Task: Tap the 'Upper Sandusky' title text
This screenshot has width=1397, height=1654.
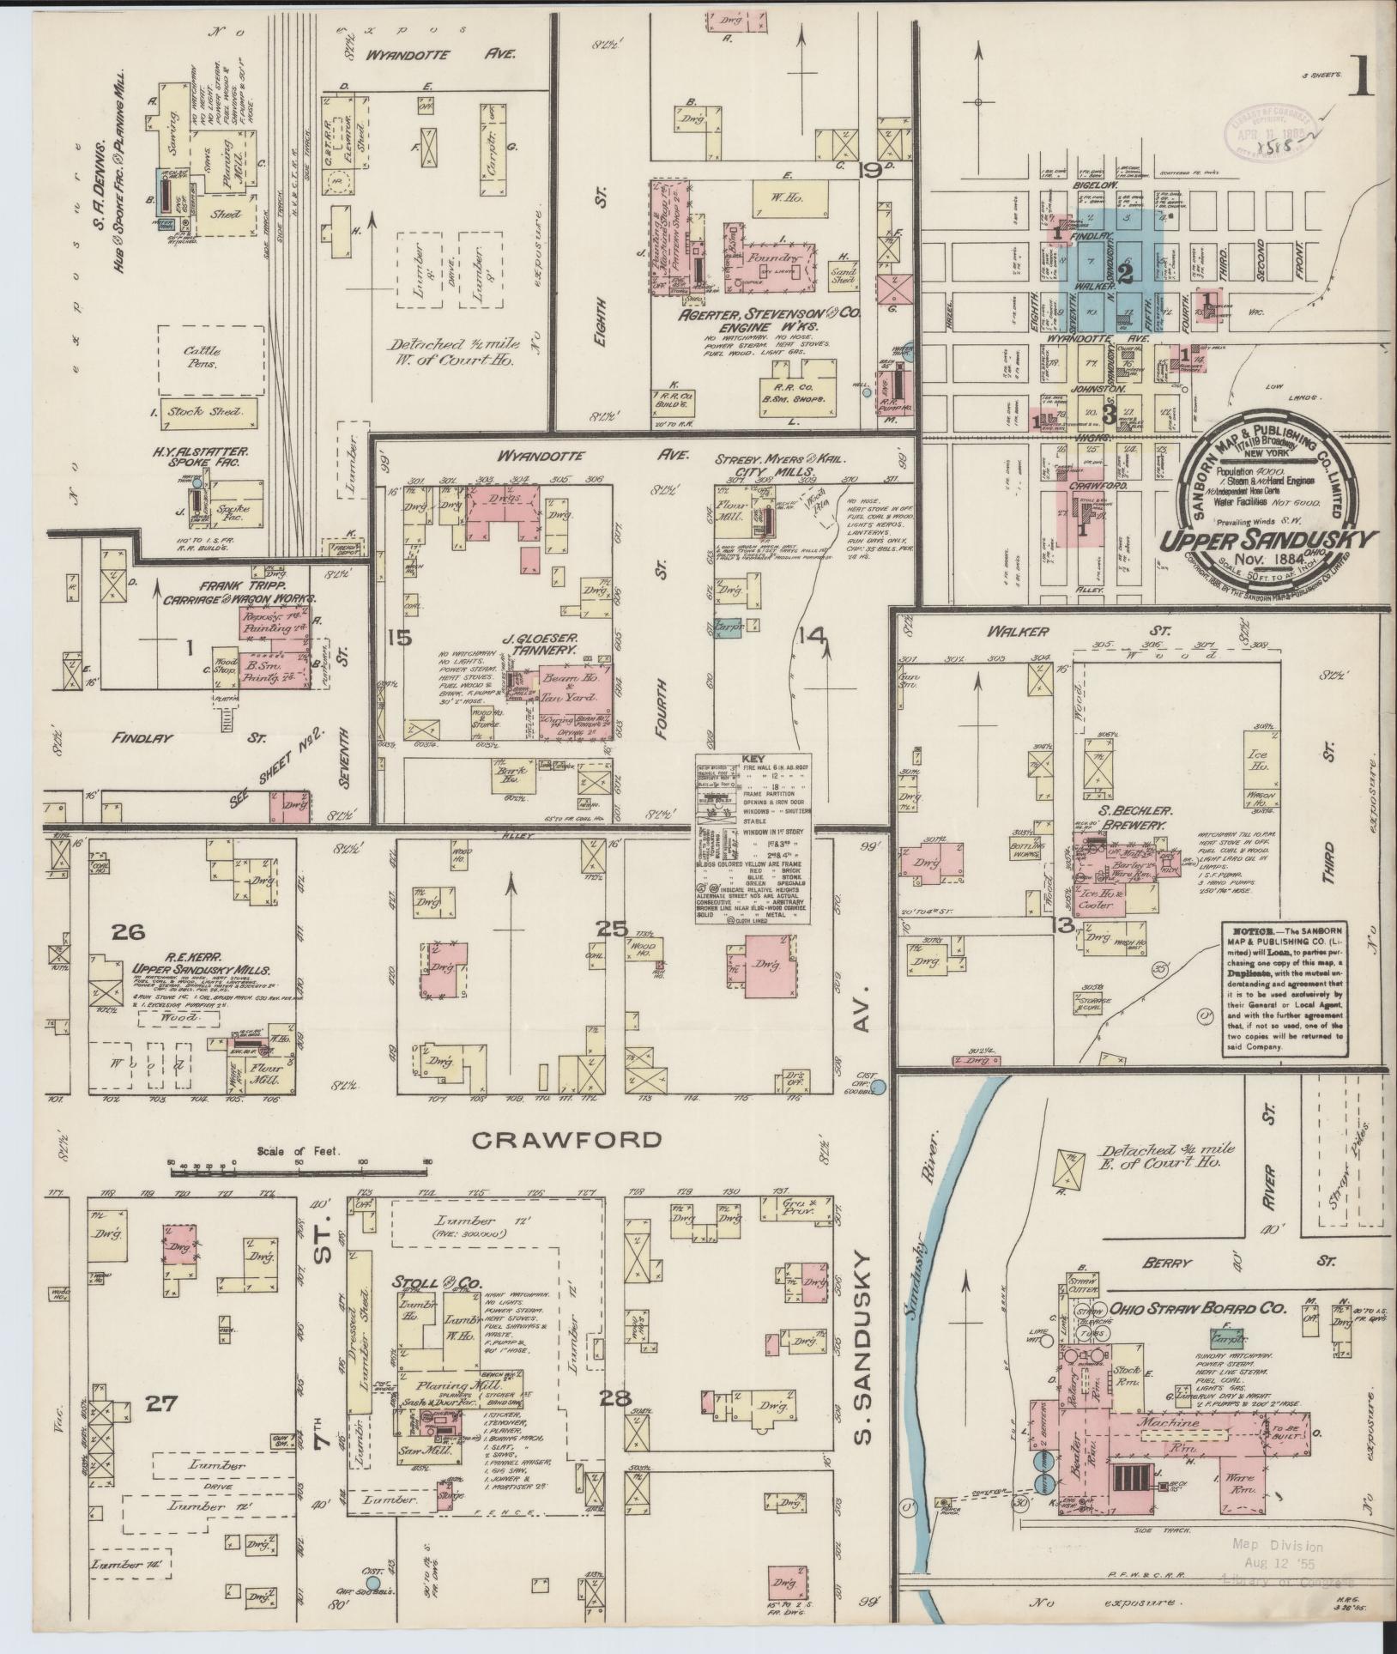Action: click(x=1269, y=540)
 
